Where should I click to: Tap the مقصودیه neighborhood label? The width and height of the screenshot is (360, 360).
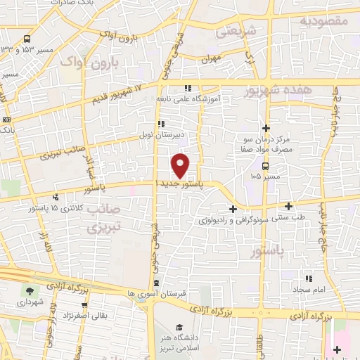[x=324, y=21]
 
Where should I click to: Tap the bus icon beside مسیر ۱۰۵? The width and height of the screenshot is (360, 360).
[x=266, y=167]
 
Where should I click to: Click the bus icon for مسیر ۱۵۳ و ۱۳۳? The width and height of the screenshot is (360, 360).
[x=27, y=39]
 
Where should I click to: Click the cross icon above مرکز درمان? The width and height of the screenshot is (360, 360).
[x=266, y=128]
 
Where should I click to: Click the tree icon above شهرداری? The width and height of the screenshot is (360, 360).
[x=29, y=291]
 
